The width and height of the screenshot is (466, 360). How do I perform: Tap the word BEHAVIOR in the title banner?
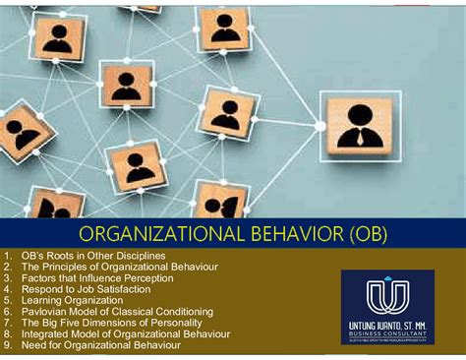coord(291,235)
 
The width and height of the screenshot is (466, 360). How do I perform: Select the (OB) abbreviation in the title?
coord(365,235)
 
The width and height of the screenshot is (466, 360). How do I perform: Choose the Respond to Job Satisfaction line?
coord(91,289)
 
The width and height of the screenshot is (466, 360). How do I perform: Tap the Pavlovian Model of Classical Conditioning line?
coord(122,312)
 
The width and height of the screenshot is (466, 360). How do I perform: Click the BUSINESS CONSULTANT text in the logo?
coord(386,333)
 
